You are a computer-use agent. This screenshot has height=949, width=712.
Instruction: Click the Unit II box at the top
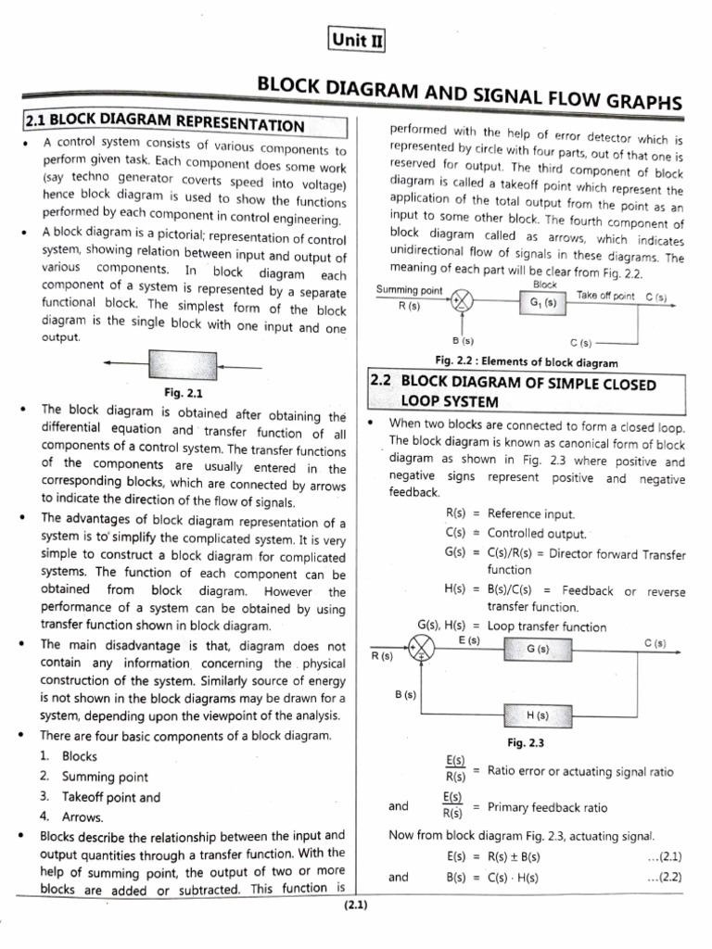[x=355, y=40]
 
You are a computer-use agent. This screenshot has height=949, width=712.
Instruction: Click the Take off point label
[x=605, y=295]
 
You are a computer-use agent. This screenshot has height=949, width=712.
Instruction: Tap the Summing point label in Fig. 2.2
[x=410, y=291]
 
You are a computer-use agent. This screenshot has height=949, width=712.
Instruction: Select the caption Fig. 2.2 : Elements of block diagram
[x=527, y=362]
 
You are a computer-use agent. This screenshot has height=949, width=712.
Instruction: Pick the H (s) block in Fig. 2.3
[x=538, y=715]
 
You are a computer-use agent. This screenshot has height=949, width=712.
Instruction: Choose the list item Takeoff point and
[x=110, y=797]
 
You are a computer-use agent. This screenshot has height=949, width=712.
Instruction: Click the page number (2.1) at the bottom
[x=355, y=905]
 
